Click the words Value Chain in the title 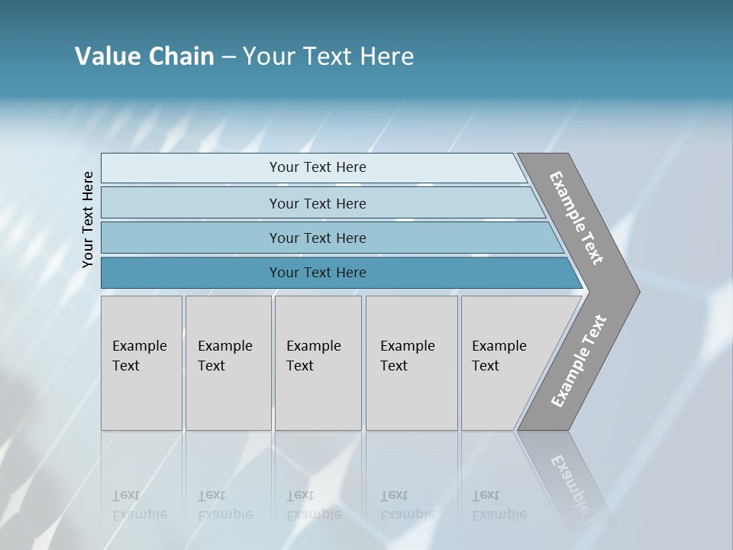144,57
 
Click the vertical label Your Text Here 88,219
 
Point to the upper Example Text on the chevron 576,218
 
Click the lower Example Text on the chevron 578,361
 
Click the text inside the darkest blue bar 318,273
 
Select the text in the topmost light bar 318,167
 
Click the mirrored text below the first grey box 139,505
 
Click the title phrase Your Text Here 328,57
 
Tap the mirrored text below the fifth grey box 499,505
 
